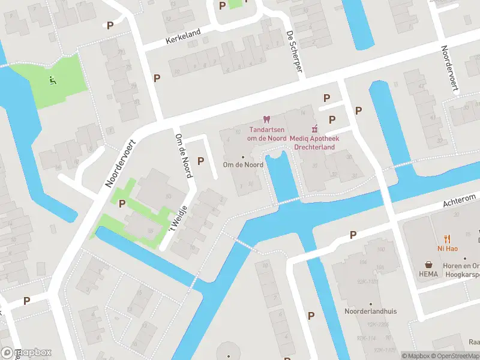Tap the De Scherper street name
(294, 53)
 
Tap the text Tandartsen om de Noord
(267, 134)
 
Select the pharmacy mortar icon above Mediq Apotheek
(314, 128)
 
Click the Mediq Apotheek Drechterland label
(314, 142)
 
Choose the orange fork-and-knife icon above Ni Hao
(447, 238)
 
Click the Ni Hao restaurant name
(447, 248)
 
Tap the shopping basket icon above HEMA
(429, 263)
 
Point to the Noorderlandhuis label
(371, 311)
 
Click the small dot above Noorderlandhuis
(371, 304)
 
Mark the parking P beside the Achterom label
(353, 235)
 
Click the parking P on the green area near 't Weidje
(122, 203)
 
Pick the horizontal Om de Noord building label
(242, 165)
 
